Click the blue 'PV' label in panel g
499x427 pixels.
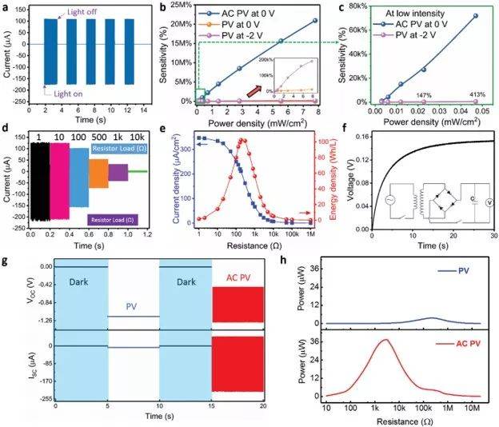(133, 305)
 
